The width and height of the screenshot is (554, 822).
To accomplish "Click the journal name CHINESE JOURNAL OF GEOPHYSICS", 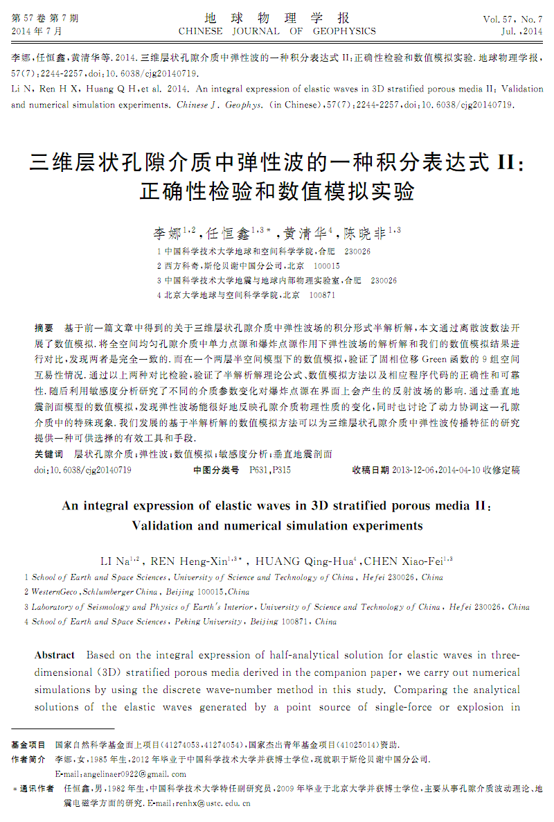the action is point(277,31).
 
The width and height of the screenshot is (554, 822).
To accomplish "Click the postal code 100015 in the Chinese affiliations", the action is point(327,265).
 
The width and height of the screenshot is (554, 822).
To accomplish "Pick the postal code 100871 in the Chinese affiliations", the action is point(322,295).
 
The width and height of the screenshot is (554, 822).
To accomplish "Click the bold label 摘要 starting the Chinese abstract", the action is point(44,326).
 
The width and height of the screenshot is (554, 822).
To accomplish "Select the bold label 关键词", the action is point(48,454).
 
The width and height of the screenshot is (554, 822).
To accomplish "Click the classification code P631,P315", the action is point(270,470).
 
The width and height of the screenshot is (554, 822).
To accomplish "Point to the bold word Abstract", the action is point(55,655).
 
